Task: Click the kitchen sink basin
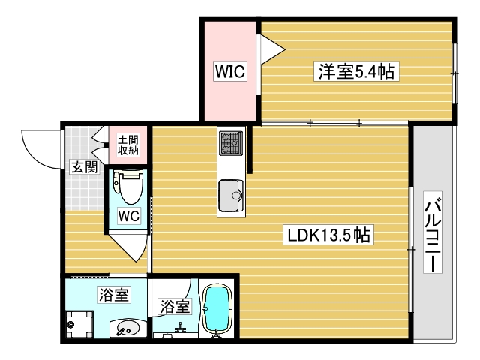pyautogui.click(x=231, y=196)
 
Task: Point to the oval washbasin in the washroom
pyautogui.click(x=129, y=328)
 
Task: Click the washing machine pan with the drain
pyautogui.click(x=79, y=324)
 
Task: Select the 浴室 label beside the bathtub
pyautogui.click(x=174, y=306)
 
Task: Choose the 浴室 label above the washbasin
pyautogui.click(x=114, y=295)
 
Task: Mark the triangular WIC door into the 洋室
pyautogui.click(x=271, y=50)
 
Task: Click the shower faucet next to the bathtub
pyautogui.click(x=180, y=328)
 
